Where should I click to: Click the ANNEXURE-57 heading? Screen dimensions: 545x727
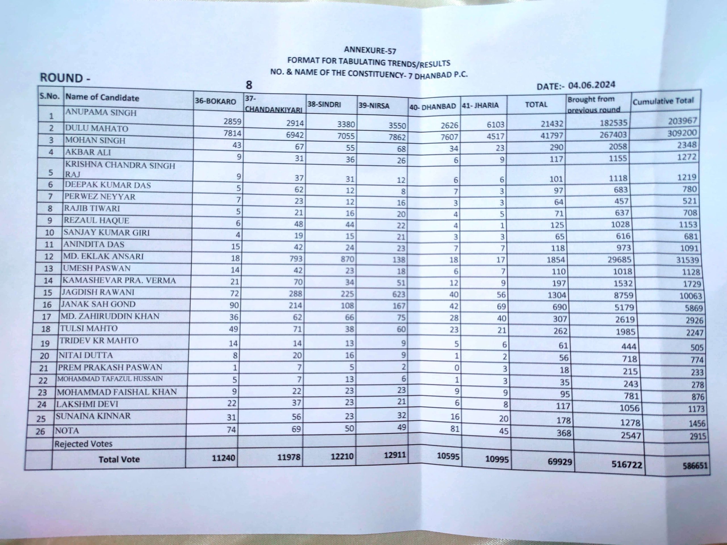tap(370, 50)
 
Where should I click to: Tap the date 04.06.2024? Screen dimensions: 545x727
tap(592, 85)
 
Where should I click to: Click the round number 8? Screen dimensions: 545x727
tap(249, 85)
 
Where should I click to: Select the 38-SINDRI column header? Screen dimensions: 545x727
tap(324, 105)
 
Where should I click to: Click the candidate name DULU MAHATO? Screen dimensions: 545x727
tap(96, 128)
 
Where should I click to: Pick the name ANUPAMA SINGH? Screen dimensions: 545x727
tap(101, 112)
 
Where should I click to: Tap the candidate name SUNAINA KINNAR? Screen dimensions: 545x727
tap(93, 416)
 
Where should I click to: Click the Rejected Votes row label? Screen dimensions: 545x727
tap(83, 444)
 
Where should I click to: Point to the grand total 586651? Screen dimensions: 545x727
tap(695, 465)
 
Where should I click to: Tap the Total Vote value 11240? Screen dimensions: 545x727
tap(223, 458)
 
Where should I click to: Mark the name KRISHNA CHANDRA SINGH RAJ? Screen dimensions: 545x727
tap(120, 169)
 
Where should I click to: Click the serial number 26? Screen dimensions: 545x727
tap(40, 431)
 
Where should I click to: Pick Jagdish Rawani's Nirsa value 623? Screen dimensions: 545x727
tap(399, 294)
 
